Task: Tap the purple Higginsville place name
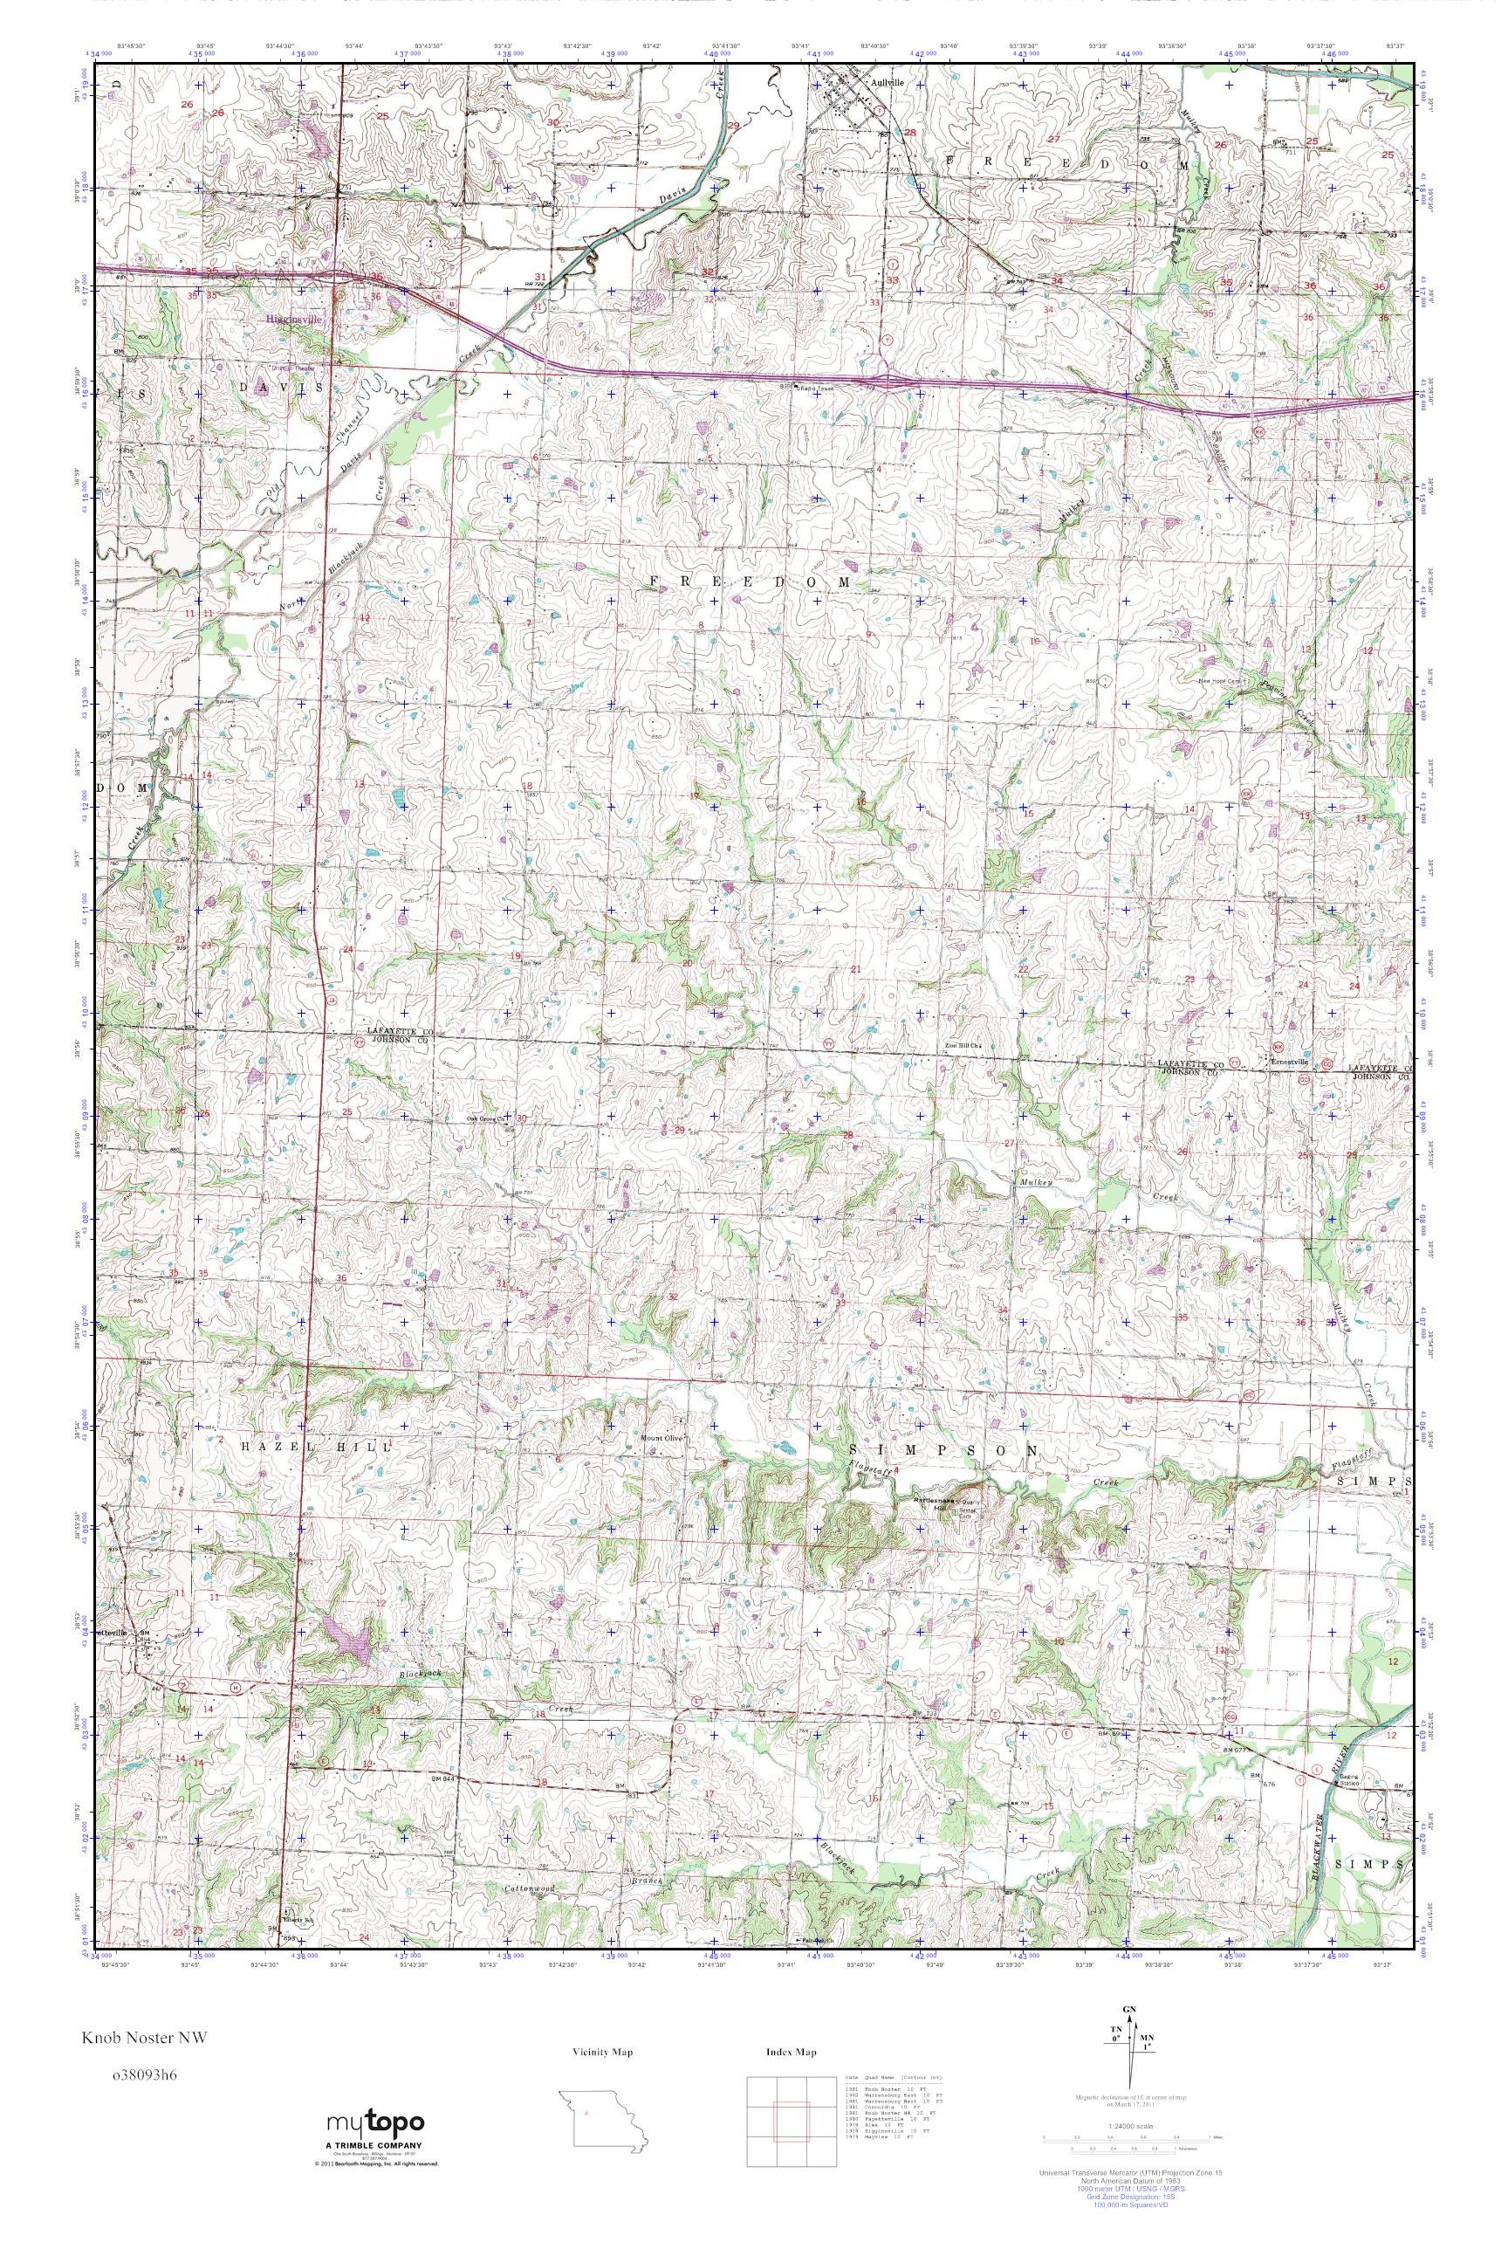pos(295,317)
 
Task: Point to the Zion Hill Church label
pos(960,1045)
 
